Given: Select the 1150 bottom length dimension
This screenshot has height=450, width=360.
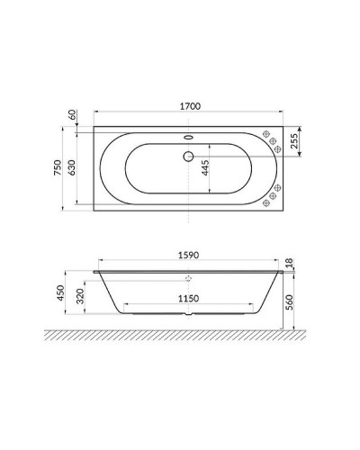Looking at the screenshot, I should (188, 298).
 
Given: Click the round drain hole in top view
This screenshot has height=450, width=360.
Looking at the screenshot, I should (188, 156).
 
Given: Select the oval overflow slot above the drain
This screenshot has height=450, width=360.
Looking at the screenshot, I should (188, 138).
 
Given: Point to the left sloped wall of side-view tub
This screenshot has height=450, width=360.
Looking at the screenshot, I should (109, 292).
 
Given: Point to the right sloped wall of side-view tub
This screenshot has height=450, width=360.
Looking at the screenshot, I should (267, 292).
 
